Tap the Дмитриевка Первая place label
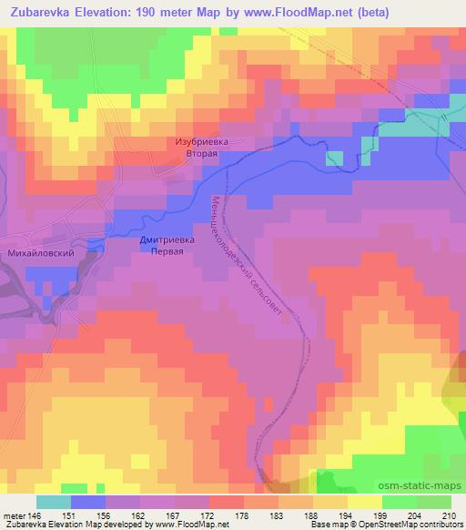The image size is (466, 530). pos(168,246)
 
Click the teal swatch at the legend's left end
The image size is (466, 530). pos(53,502)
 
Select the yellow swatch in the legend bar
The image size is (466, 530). pos(364,502)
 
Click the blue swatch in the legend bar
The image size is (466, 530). pos(87,502)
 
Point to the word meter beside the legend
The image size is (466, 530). pos(14,515)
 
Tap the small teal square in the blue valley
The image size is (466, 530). pos(335,158)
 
